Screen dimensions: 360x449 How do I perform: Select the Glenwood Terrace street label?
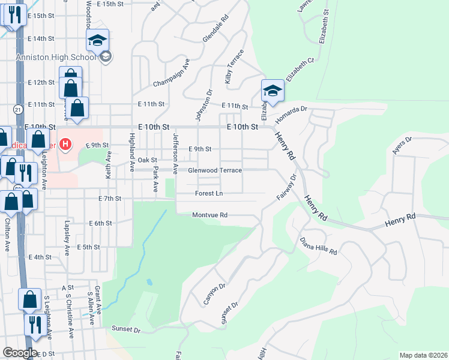pos(215,170)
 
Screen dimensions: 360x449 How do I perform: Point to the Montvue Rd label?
pos(209,215)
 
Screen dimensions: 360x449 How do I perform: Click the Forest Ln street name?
pos(209,193)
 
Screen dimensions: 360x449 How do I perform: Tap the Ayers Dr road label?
pos(402,146)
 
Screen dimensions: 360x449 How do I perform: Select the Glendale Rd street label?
pos(215,28)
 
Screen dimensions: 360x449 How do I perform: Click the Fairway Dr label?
pos(287,188)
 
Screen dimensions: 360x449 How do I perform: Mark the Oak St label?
pos(147,160)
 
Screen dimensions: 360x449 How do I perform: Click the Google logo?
pos(20,352)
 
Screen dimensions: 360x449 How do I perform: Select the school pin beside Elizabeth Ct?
pos(273,91)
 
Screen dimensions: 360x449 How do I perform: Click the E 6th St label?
pos(100,223)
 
